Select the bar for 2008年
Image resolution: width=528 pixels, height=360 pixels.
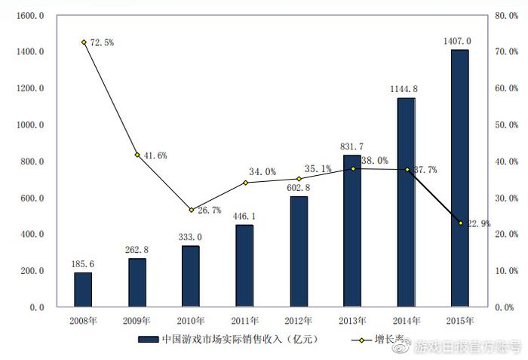coord(83,290)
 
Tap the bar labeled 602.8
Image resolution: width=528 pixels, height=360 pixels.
coord(299,251)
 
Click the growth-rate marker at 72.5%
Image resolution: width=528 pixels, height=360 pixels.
coord(84,42)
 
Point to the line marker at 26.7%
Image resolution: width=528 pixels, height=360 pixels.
coord(191,210)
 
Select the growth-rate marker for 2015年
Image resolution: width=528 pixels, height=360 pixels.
coord(460,223)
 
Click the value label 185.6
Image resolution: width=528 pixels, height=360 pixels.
coord(83,264)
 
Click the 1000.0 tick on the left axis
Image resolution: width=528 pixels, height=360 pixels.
coord(29,125)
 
